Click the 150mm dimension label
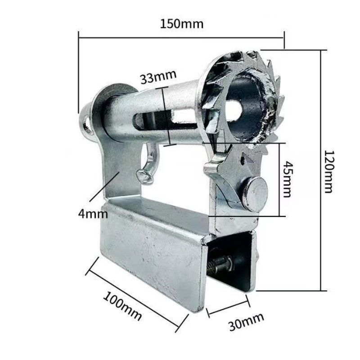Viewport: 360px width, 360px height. (x=182, y=24)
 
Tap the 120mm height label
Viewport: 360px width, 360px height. (x=328, y=171)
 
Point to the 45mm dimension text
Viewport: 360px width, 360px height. (x=287, y=179)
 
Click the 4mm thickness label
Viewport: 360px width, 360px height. (x=93, y=214)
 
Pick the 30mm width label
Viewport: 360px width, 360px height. (x=246, y=321)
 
